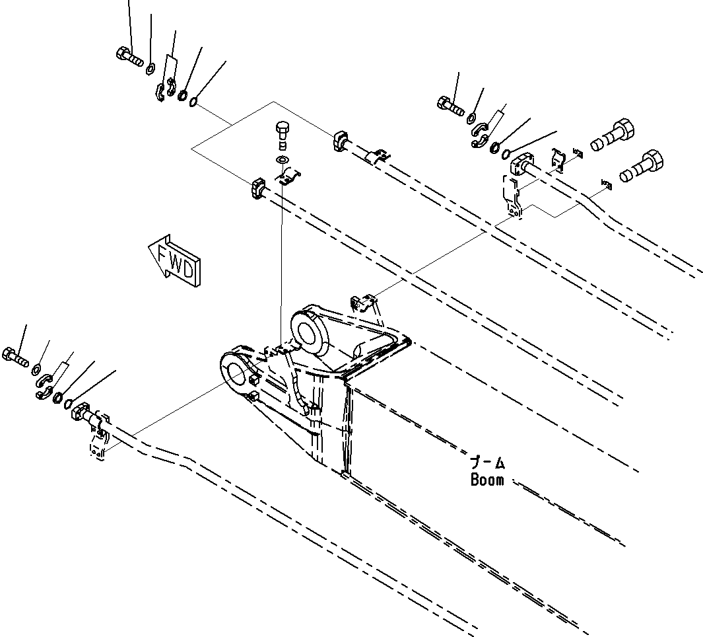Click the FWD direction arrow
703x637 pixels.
click(175, 262)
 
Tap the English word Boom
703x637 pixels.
click(487, 480)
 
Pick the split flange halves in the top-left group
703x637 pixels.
click(164, 90)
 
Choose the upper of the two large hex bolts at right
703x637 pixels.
click(613, 135)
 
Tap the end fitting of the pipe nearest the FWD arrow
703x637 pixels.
click(257, 188)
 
